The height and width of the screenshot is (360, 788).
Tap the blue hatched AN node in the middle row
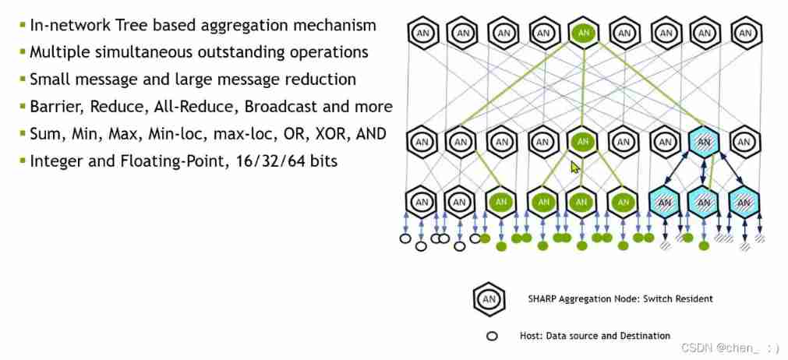click(705, 142)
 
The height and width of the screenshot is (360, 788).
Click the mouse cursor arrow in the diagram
click(575, 166)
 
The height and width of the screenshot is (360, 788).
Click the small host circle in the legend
click(492, 337)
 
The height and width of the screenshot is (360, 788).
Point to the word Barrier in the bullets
click(55, 107)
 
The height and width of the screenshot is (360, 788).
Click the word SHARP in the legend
click(542, 298)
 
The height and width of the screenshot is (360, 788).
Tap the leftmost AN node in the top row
click(422, 34)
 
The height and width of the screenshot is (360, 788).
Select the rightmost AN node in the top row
click(746, 34)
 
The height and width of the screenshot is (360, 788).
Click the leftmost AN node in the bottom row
click(422, 203)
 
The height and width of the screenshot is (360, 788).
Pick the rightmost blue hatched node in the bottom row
click(746, 203)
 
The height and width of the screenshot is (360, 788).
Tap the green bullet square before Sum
click(22, 134)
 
